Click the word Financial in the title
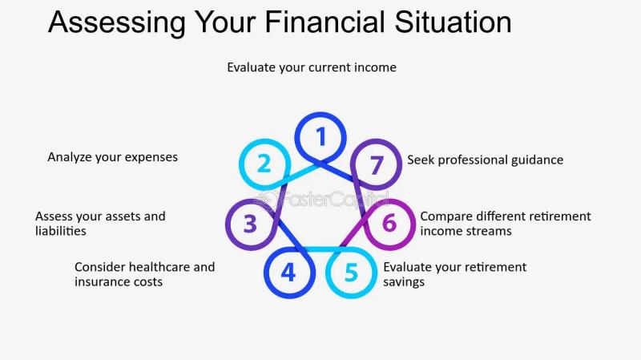tap(325, 22)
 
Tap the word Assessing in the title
tap(117, 22)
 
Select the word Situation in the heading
tap(453, 22)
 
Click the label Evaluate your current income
tap(312, 67)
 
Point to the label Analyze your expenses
tap(112, 157)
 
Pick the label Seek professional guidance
tap(486, 160)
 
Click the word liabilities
tap(61, 231)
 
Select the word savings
tap(404, 282)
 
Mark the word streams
tap(490, 231)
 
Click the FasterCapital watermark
tap(320, 200)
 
